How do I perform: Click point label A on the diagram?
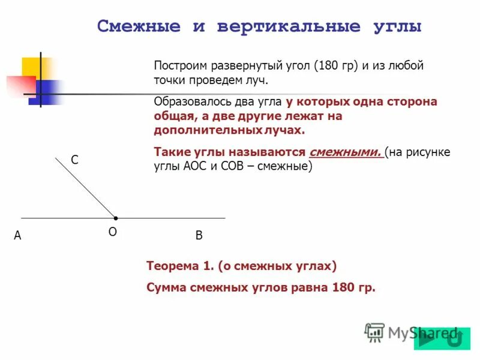pos(18,236)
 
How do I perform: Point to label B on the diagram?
pos(199,236)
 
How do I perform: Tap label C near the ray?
pos(75,160)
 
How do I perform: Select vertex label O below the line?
pos(112,232)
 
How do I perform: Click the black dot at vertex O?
pos(116,217)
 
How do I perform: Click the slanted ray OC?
pos(86,187)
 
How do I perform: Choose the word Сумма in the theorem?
pos(166,287)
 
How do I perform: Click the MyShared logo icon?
pos(375,332)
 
